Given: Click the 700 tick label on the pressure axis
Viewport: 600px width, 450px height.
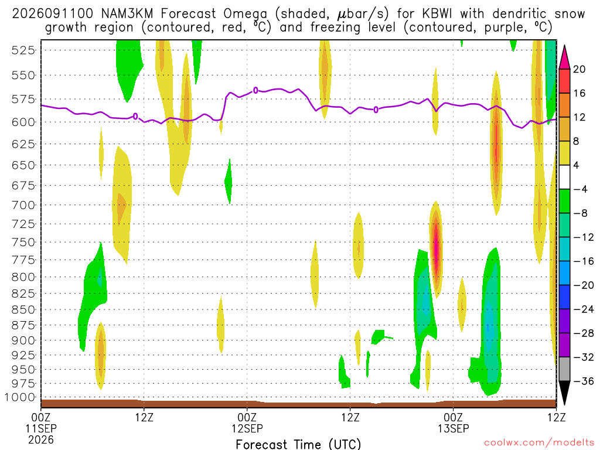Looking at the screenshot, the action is pyautogui.click(x=23, y=205).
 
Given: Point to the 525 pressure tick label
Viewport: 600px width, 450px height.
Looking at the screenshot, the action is pyautogui.click(x=23, y=50).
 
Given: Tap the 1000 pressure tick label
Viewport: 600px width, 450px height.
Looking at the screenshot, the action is pyautogui.click(x=21, y=397).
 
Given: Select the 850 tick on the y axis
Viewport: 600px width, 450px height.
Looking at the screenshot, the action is pyautogui.click(x=23, y=309).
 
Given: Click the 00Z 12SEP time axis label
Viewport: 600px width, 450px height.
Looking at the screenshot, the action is pyautogui.click(x=247, y=422).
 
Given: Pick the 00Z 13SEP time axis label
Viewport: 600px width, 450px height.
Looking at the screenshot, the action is pyautogui.click(x=453, y=422).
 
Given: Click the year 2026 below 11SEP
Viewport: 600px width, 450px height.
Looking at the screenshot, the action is pyautogui.click(x=41, y=439).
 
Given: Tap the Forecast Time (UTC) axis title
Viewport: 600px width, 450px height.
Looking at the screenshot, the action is pyautogui.click(x=298, y=444).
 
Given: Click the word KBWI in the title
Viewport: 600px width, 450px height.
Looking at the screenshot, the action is pyautogui.click(x=437, y=14).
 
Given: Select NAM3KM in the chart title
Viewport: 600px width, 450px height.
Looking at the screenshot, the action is pyautogui.click(x=127, y=14).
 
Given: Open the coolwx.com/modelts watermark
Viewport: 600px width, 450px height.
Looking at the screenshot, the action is pyautogui.click(x=539, y=443).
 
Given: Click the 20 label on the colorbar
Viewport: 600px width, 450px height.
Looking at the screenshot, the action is pyautogui.click(x=579, y=69).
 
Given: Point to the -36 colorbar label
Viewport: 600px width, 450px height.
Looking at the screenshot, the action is pyautogui.click(x=584, y=381).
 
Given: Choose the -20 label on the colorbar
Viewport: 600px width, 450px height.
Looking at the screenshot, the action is pyautogui.click(x=584, y=285).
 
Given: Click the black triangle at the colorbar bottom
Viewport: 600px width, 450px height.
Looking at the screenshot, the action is pyautogui.click(x=564, y=391).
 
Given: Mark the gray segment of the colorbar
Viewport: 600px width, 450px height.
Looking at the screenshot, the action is pyautogui.click(x=564, y=369).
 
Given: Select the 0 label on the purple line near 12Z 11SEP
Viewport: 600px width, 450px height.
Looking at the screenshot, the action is pyautogui.click(x=135, y=117).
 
